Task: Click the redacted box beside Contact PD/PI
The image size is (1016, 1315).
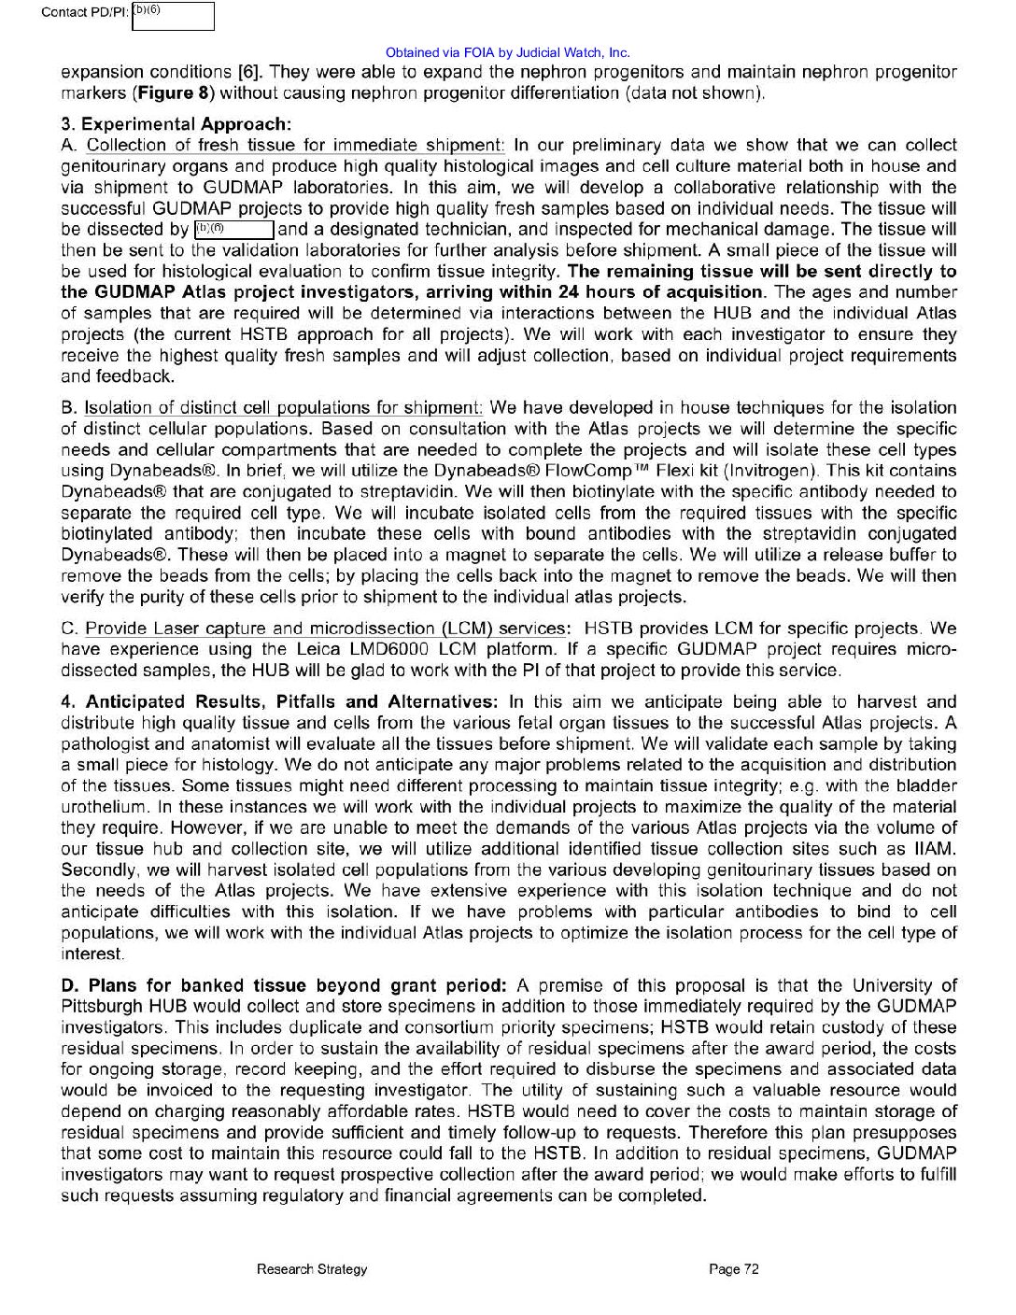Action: click(x=173, y=17)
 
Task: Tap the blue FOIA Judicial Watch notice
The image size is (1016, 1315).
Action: click(x=507, y=53)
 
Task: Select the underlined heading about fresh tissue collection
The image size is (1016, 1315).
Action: click(x=295, y=146)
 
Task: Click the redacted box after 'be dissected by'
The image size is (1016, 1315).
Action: click(x=233, y=230)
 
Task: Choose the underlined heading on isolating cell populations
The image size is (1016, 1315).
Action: click(x=284, y=408)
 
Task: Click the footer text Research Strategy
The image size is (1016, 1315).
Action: click(x=312, y=1269)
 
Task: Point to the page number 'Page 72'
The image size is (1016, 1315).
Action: click(x=734, y=1269)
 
